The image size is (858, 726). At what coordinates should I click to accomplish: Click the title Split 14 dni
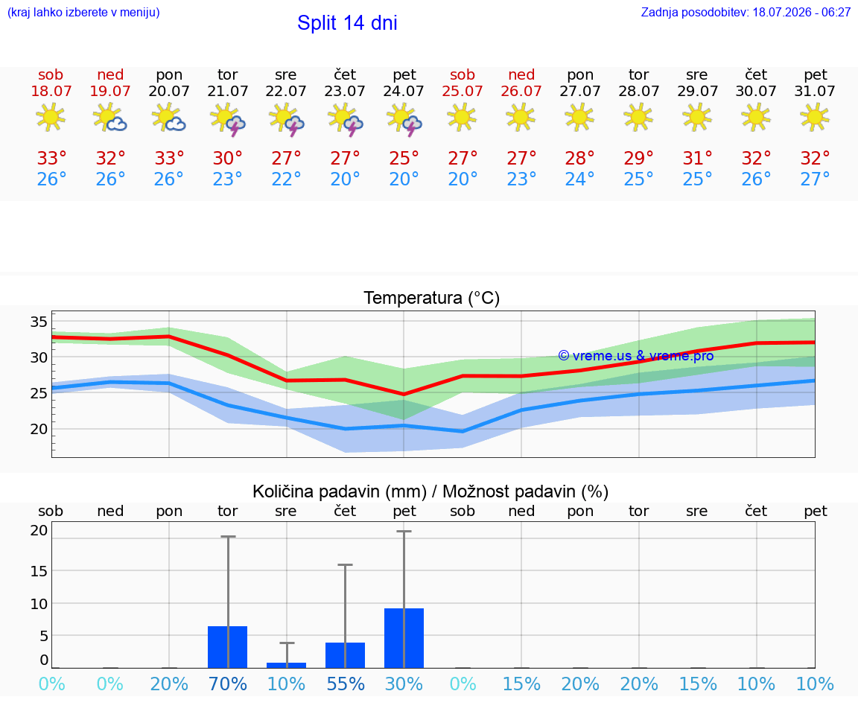[x=347, y=23]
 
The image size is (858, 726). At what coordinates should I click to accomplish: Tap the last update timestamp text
[x=746, y=13]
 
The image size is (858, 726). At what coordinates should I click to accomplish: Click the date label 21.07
[x=228, y=91]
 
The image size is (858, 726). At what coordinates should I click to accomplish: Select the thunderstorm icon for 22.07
[x=286, y=119]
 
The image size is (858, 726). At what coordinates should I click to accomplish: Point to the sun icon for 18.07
[x=51, y=117]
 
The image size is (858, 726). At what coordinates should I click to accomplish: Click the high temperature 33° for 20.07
[x=169, y=158]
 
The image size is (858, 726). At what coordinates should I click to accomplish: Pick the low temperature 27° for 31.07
[x=815, y=179]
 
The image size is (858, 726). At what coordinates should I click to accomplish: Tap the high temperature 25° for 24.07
[x=404, y=158]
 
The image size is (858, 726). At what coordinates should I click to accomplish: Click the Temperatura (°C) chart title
[x=432, y=298]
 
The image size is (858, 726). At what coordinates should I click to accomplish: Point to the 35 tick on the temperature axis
[x=39, y=322]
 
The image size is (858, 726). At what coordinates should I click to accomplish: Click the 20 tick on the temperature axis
[x=39, y=429]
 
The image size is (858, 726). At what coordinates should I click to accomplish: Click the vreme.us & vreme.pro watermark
[x=636, y=356]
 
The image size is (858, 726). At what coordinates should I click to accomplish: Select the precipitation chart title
[x=430, y=491]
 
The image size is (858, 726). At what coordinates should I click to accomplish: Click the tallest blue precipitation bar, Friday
[x=404, y=638]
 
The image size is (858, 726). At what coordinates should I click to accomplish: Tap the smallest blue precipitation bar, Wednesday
[x=286, y=665]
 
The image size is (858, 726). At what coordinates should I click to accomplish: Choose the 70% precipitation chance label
[x=228, y=684]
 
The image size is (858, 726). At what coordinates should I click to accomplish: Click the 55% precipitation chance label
[x=346, y=684]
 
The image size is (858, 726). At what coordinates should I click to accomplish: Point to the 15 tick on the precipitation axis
[x=39, y=571]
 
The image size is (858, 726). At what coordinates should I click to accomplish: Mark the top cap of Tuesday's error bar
[x=228, y=537]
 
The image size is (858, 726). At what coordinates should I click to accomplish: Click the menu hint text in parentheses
[x=83, y=13]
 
